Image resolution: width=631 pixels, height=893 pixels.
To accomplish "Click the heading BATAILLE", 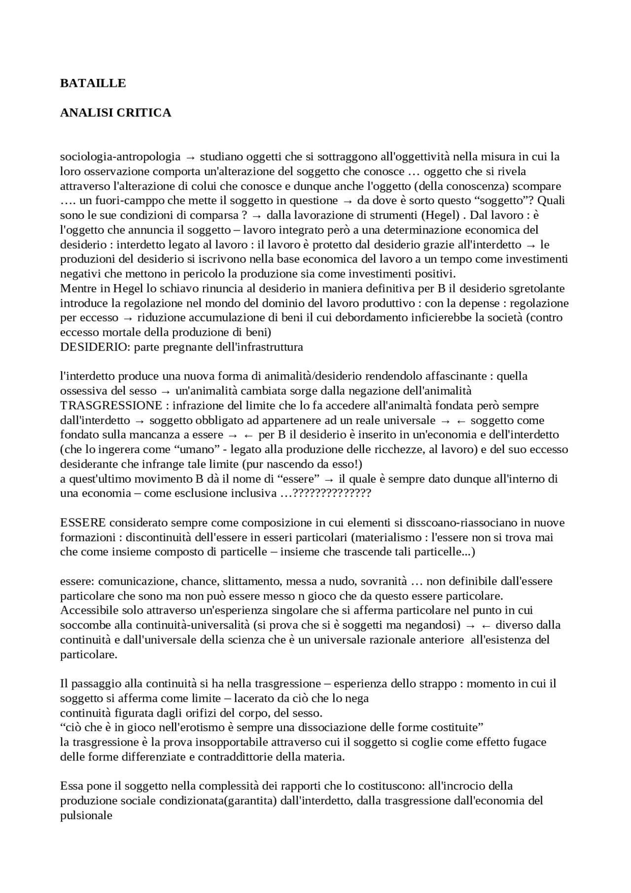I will click(x=93, y=83).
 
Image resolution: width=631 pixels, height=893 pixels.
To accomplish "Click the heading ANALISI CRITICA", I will click(x=115, y=113).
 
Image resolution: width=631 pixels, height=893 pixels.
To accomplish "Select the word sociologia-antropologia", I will click(x=120, y=157).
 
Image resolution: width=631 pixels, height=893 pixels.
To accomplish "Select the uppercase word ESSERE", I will click(x=83, y=523).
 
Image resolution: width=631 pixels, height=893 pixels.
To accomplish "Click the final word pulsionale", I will click(x=86, y=816).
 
